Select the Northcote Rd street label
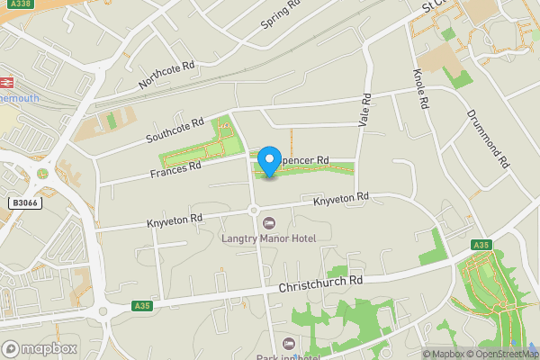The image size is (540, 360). [x=166, y=76]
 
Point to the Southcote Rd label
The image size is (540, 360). [x=175, y=130]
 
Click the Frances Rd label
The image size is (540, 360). [x=175, y=166]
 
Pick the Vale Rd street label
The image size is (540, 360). [x=364, y=110]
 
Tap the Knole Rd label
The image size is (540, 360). [x=418, y=89]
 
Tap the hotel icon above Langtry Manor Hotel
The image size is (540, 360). [x=267, y=223]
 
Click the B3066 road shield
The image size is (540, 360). [x=25, y=204]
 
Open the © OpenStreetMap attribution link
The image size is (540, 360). [x=508, y=354]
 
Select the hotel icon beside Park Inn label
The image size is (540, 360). [x=288, y=343]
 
